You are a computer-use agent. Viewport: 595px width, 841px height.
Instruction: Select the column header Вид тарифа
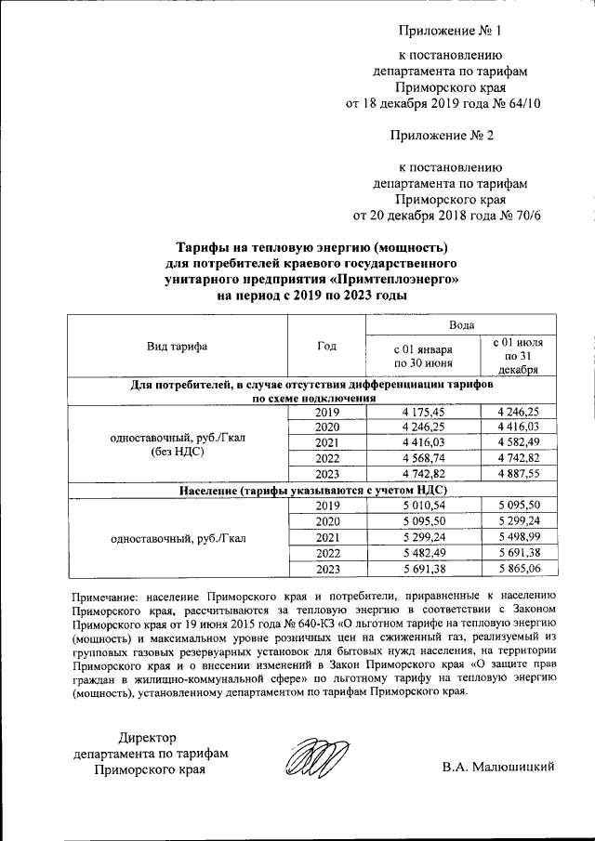tap(177, 347)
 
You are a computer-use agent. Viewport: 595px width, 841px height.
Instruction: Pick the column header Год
tap(326, 347)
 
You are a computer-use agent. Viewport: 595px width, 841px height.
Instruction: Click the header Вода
tap(462, 325)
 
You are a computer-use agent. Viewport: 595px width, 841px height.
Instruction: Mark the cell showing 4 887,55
tap(526, 473)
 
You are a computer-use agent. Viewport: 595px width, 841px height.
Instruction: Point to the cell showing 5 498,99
tap(526, 537)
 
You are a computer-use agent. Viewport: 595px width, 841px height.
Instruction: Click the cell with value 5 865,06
tap(526, 569)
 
